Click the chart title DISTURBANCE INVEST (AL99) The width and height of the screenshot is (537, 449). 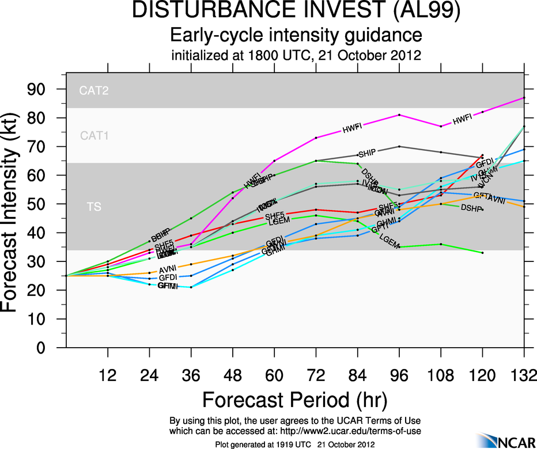[x=296, y=12]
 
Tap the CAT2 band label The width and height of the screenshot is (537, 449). [x=94, y=90]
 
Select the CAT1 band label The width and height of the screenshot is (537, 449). [x=94, y=136]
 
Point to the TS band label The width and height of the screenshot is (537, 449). [x=94, y=207]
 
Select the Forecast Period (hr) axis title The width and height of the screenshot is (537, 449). [x=294, y=399]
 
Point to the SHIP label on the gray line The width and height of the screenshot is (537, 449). [x=367, y=154]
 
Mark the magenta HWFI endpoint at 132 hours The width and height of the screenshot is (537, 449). [x=524, y=98]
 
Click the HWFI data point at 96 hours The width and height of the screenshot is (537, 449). [x=399, y=115]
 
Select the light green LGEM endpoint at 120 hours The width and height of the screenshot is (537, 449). [x=482, y=253]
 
